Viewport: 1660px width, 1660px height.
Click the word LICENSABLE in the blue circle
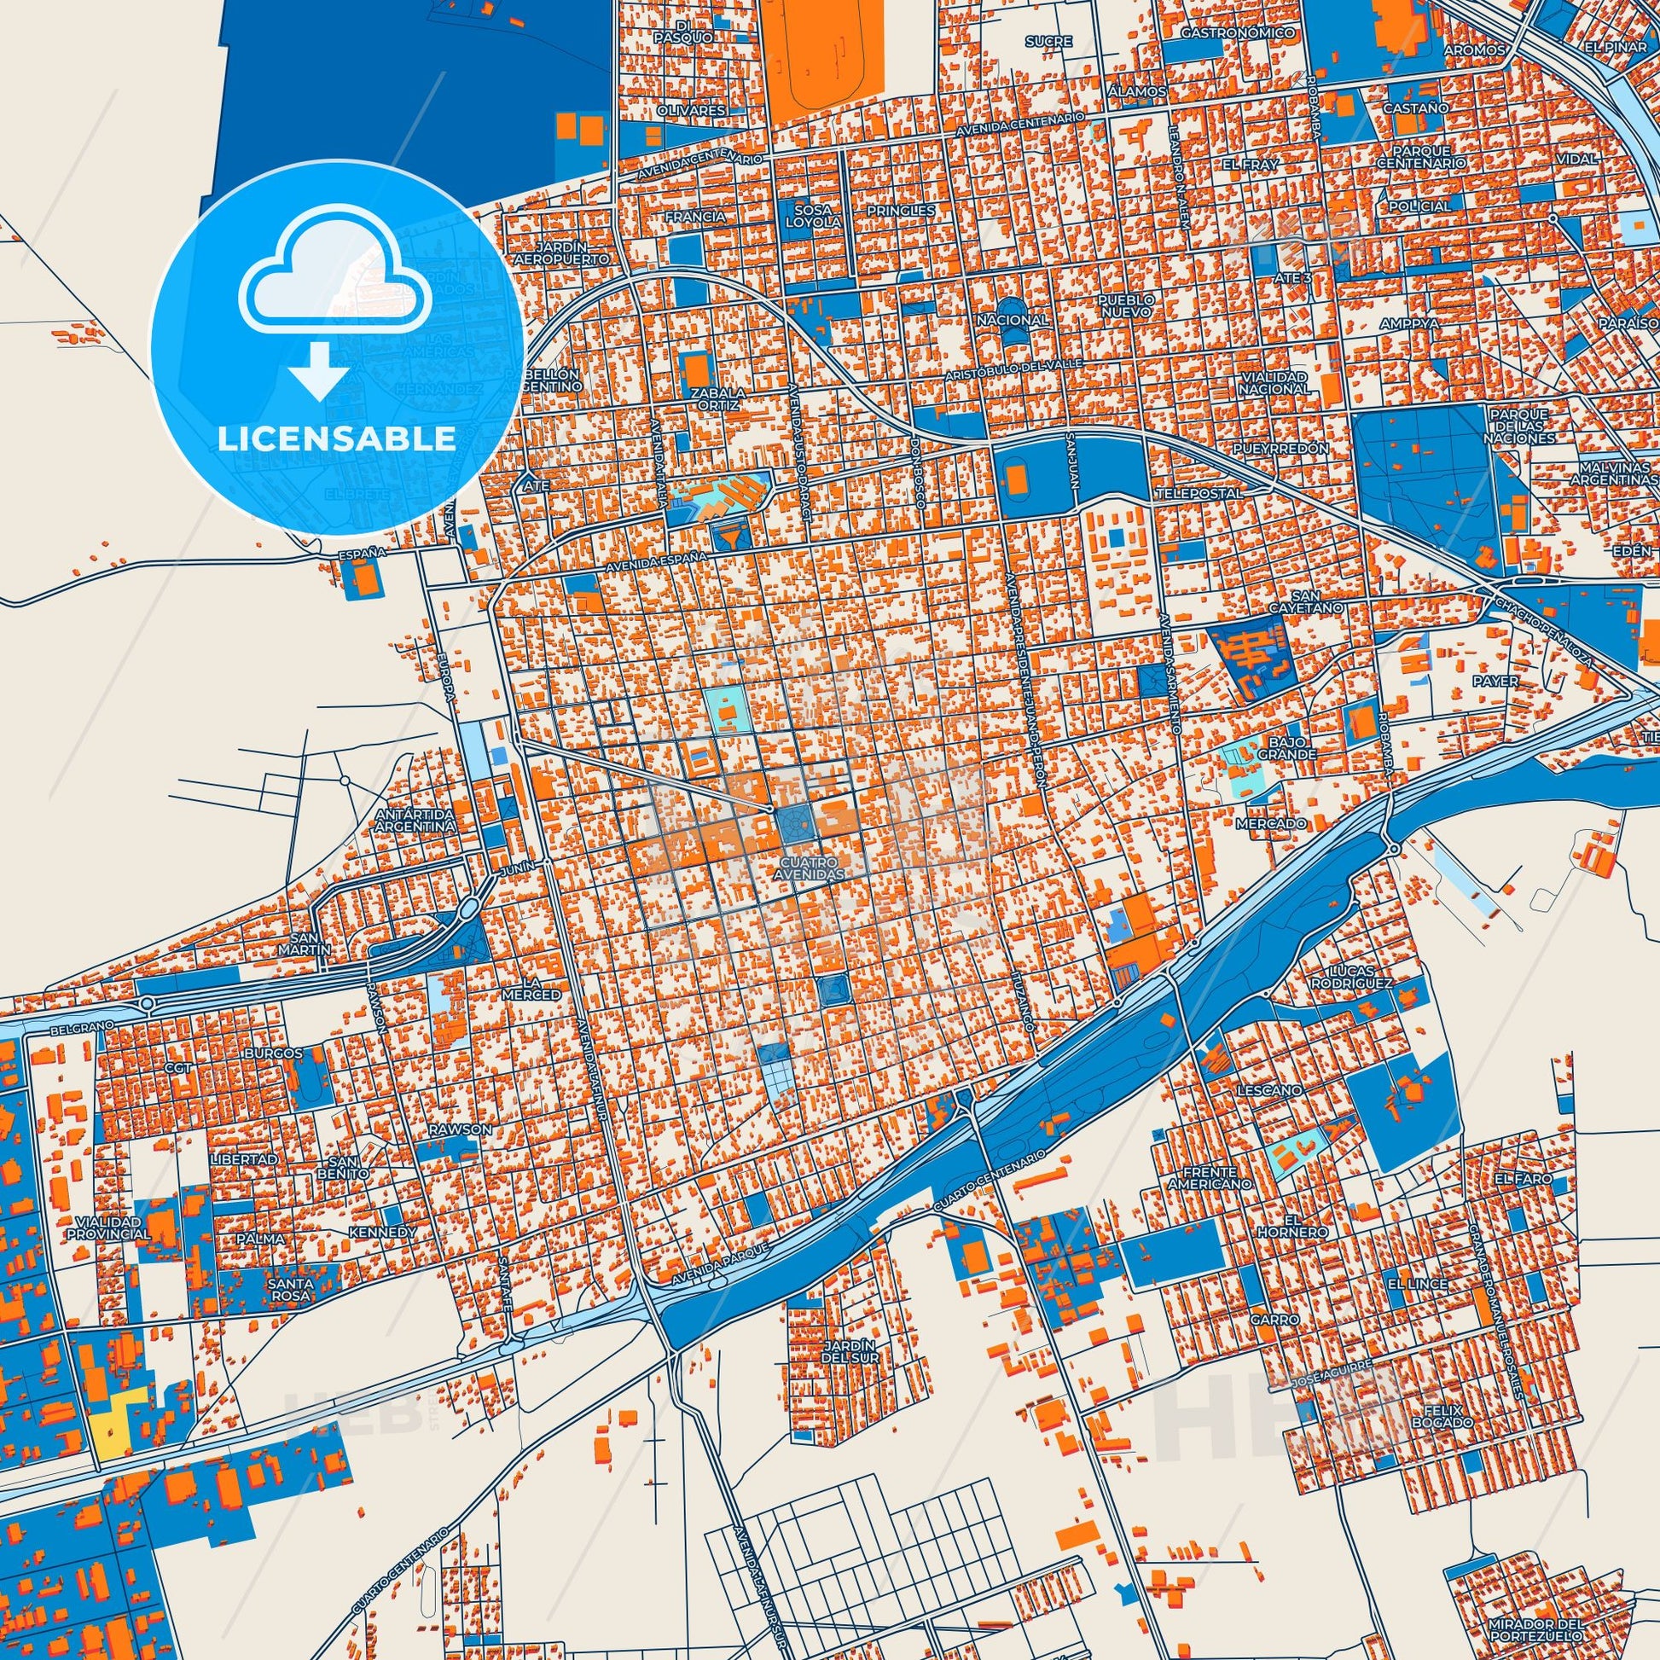(336, 438)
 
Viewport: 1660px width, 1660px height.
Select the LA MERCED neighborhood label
(543, 988)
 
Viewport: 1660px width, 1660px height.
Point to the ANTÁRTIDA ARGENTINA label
(414, 821)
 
